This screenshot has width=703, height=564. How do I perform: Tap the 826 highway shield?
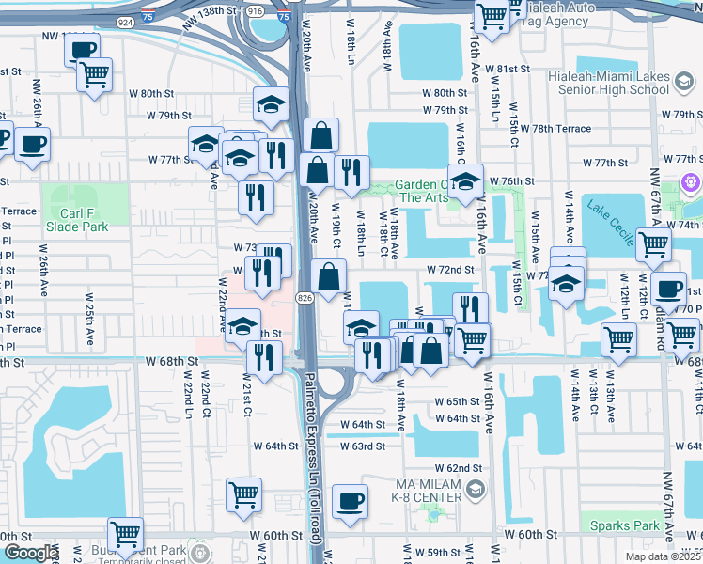point(305,297)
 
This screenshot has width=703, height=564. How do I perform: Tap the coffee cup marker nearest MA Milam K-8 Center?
point(350,501)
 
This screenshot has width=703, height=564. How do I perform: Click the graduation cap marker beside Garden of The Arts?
point(464,180)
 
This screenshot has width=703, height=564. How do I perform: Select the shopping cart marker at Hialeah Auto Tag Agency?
point(491,15)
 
